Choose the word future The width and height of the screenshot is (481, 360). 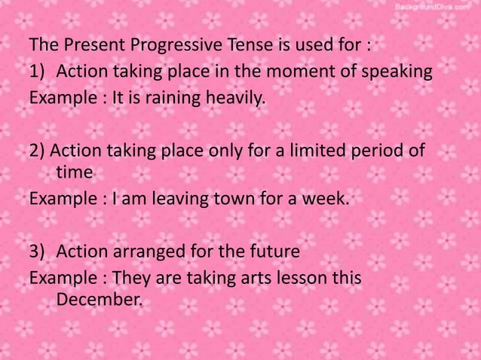[273, 252]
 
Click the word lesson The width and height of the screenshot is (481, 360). [295, 278]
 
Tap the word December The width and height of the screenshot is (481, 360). [99, 300]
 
